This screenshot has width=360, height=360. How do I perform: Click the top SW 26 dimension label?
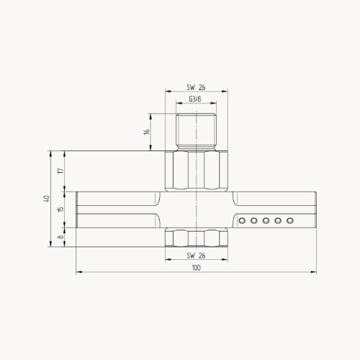tap(196, 87)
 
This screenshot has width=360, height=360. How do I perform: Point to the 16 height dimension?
tap(146, 132)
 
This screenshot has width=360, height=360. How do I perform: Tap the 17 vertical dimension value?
tap(60, 171)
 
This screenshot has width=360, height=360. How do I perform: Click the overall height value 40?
tap(46, 199)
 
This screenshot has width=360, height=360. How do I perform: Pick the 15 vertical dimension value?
tap(60, 209)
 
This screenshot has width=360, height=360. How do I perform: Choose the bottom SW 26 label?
tap(196, 256)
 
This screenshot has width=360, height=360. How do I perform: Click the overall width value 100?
tap(196, 268)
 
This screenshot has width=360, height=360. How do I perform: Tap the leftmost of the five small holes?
tap(244, 221)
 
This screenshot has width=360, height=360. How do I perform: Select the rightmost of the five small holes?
tap(290, 221)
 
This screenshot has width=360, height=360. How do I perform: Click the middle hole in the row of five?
tap(267, 221)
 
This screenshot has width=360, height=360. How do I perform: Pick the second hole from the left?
tap(256, 221)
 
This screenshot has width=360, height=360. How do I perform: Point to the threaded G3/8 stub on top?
tap(196, 132)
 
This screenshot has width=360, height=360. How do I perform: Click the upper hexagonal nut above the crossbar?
tap(196, 171)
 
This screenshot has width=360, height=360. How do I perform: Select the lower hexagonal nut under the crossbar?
tap(196, 237)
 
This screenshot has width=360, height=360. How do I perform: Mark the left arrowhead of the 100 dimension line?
tap(78, 273)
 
